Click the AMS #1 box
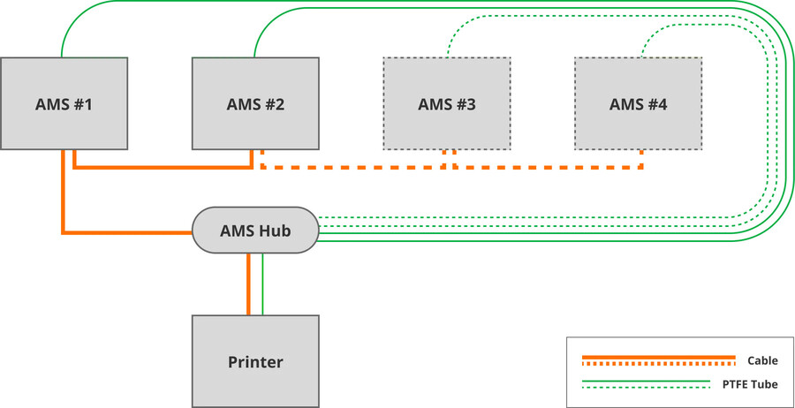tap(64, 103)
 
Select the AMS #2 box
tap(255, 103)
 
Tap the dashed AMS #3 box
tap(447, 103)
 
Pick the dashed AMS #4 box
tap(639, 103)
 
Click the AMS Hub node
tap(255, 230)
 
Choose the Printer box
tap(255, 361)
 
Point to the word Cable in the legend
tap(762, 361)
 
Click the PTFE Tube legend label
tap(750, 384)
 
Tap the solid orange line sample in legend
tap(659, 357)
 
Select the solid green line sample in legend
tap(646, 381)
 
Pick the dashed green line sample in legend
tap(646, 388)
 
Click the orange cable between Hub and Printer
tap(248, 283)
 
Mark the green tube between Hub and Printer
tap(262, 283)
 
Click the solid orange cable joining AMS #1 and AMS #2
tap(163, 167)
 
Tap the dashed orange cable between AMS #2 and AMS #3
tap(352, 167)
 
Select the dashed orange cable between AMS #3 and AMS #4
tap(548, 167)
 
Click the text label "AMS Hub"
tap(255, 230)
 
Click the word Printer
tap(255, 362)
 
